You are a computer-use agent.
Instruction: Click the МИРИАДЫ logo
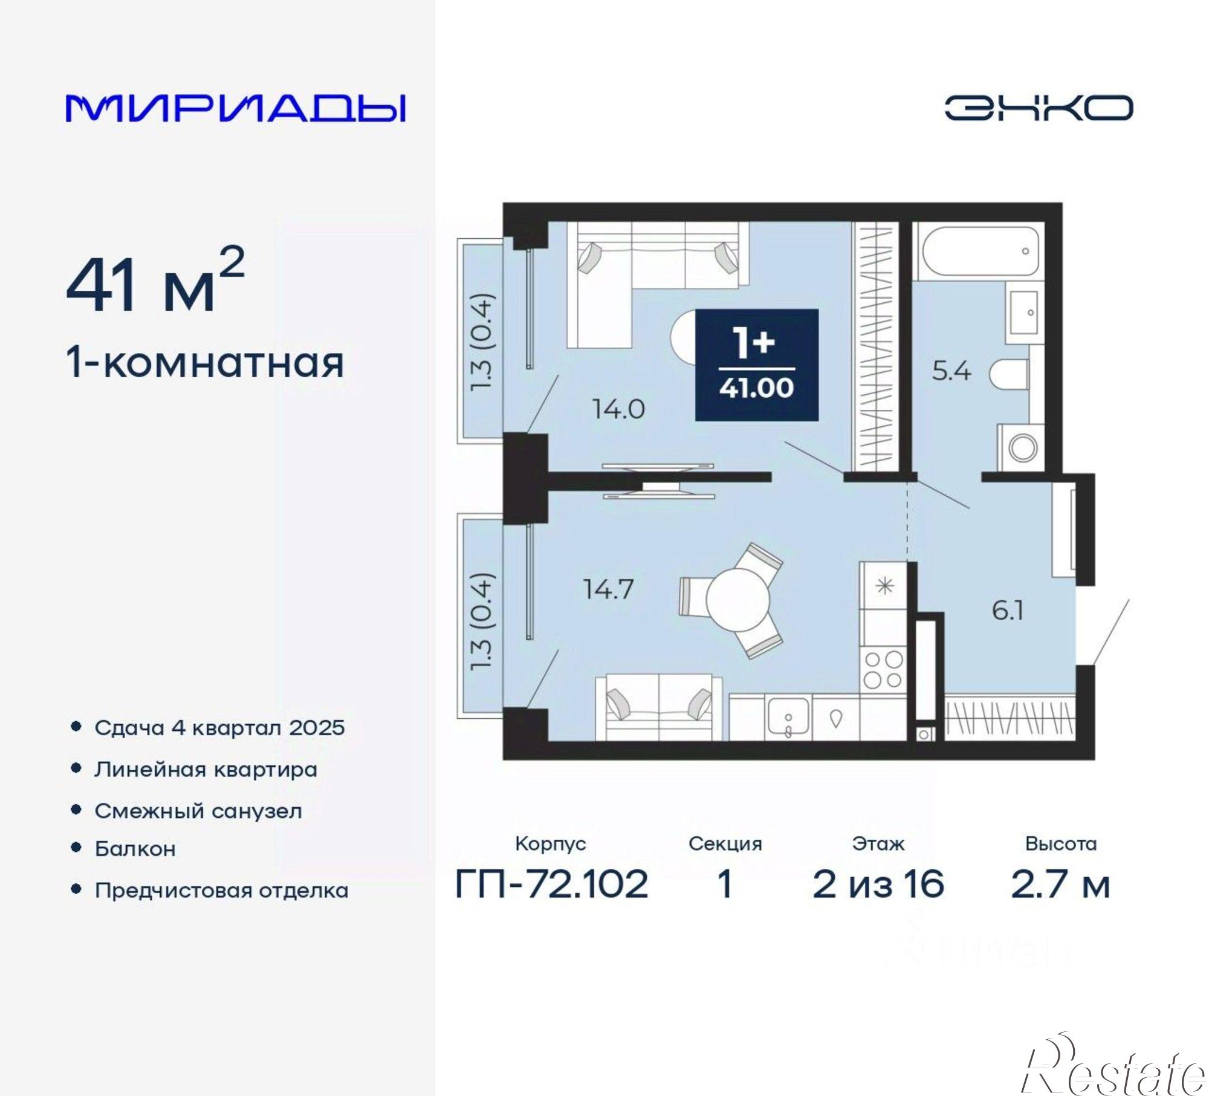tap(236, 108)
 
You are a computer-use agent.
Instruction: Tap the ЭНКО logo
tap(1039, 108)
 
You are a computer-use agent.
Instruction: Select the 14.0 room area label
tap(618, 410)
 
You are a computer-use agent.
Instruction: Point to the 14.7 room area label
tap(608, 589)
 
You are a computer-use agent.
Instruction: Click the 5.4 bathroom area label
tap(951, 371)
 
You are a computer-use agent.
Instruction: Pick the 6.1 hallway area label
tap(1008, 611)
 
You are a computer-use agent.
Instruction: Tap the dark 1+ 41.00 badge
tap(756, 365)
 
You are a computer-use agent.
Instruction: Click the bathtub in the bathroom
tap(977, 251)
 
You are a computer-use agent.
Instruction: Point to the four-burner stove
tap(883, 669)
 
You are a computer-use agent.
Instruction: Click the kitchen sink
tap(788, 718)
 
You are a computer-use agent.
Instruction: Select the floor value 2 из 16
tap(878, 884)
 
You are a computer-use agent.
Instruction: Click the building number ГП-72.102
tap(551, 884)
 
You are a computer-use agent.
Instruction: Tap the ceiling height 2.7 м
tap(1060, 884)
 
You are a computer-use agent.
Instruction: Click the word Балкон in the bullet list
tap(135, 849)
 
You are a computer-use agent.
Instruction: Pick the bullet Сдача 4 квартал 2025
tap(219, 727)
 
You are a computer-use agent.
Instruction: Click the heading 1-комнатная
tap(206, 363)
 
